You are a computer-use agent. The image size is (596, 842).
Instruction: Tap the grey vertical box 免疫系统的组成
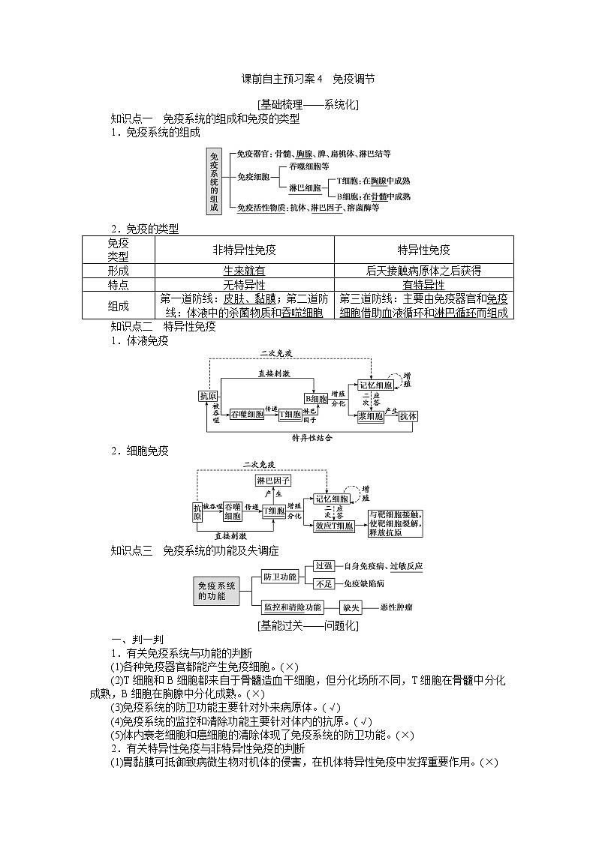click(215, 181)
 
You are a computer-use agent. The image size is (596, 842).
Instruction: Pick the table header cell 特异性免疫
click(424, 250)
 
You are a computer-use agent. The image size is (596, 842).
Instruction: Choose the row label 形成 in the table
click(118, 271)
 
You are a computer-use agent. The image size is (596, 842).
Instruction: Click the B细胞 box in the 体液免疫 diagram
click(316, 398)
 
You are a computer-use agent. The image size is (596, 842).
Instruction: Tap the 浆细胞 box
click(371, 415)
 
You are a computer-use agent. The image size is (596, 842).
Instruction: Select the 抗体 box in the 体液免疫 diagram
click(409, 415)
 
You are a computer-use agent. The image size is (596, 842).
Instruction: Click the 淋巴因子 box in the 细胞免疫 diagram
click(273, 480)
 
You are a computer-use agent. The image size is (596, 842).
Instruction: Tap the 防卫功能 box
click(279, 576)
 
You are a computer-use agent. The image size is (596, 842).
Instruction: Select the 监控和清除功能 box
click(293, 607)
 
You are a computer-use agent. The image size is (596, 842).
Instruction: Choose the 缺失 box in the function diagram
click(351, 607)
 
